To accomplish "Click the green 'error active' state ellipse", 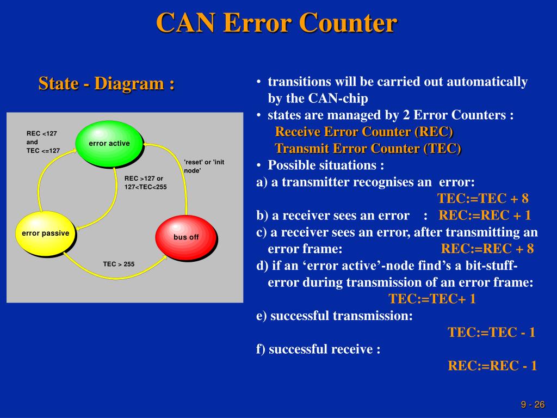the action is tap(109, 143).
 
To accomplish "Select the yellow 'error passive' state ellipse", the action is tap(45, 233).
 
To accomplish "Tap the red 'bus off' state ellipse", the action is tap(186, 237).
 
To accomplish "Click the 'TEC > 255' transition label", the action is tap(119, 264).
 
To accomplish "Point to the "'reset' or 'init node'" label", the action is tap(204, 166).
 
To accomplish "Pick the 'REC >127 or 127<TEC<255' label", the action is tap(145, 182).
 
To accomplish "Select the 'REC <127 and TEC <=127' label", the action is tap(43, 142).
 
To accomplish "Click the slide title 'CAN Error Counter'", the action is tap(277, 23).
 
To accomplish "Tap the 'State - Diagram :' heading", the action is tap(107, 84).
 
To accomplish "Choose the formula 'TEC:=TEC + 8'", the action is tap(483, 198).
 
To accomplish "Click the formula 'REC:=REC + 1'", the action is tap(485, 215).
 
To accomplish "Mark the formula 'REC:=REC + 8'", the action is tap(487, 249).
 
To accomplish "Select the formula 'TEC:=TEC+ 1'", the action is tap(432, 299).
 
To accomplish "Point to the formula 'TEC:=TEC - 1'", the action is tap(491, 332).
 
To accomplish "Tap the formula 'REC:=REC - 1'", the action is tap(492, 365).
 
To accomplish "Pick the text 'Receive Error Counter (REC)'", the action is tap(364, 132).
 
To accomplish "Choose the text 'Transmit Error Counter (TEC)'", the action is tap(368, 148).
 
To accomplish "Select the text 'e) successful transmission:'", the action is tap(335, 316).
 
